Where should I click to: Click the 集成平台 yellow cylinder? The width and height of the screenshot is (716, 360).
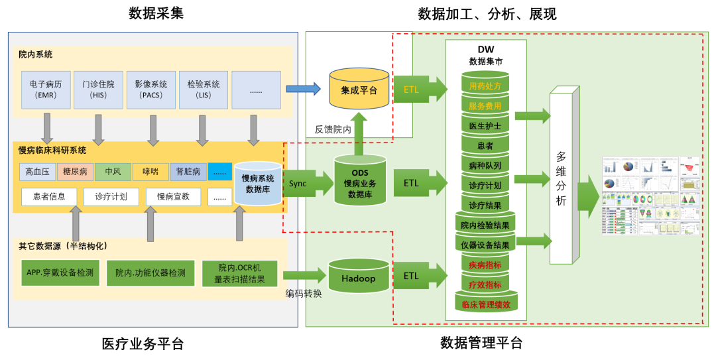359,90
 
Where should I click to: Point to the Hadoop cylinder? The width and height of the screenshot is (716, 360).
358,278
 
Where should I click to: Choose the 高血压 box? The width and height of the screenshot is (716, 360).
38,172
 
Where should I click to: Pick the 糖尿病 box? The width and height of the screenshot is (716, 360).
75,172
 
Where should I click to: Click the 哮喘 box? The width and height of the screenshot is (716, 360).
150,172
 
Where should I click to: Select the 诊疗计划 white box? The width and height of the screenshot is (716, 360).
111,196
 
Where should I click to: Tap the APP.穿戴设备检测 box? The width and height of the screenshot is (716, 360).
60,272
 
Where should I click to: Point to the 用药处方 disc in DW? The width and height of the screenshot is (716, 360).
485,86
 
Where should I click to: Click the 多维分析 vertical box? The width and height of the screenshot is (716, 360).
561,178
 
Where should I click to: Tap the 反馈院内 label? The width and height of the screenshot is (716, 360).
333,130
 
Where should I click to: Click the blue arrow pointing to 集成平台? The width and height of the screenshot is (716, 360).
303,89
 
